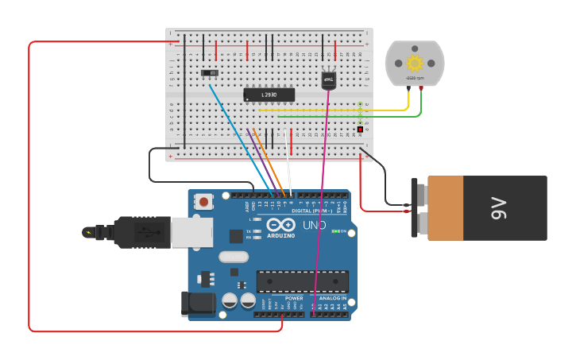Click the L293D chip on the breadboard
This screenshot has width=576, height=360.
coord(269,95)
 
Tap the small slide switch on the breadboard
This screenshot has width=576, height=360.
coord(210,73)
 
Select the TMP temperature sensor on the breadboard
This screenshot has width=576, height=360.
coord(328,79)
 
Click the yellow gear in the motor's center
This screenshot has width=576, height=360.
coord(414,63)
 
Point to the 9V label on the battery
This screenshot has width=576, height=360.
coord(499,208)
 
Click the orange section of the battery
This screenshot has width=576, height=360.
coord(445,208)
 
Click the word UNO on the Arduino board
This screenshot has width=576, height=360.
coord(314,225)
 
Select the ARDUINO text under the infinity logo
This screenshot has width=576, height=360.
coord(280,236)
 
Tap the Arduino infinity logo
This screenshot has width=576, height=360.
coord(280,225)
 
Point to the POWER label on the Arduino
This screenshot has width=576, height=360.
coord(294,298)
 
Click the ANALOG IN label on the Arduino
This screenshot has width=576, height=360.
coord(332,298)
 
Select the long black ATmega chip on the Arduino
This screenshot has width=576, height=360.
coord(302,281)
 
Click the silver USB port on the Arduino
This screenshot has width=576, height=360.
coord(191,233)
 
